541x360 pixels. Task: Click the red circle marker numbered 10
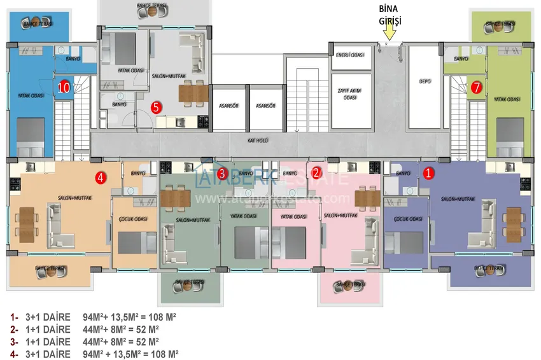pyautogui.click(x=64, y=88)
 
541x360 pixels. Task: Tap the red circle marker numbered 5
pyautogui.click(x=157, y=107)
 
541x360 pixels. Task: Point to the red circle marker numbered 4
pyautogui.click(x=100, y=177)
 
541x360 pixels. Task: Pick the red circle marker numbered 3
pyautogui.click(x=222, y=172)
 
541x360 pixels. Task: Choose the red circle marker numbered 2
pyautogui.click(x=316, y=172)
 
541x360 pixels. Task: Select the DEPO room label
pyautogui.click(x=425, y=81)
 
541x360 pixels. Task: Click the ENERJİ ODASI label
pyautogui.click(x=349, y=55)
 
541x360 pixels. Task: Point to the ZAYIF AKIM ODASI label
pyautogui.click(x=349, y=94)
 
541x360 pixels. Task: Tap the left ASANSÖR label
pyautogui.click(x=228, y=106)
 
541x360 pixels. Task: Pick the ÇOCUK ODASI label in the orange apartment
pyautogui.click(x=134, y=219)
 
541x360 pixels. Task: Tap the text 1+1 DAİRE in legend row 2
pyautogui.click(x=48, y=329)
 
